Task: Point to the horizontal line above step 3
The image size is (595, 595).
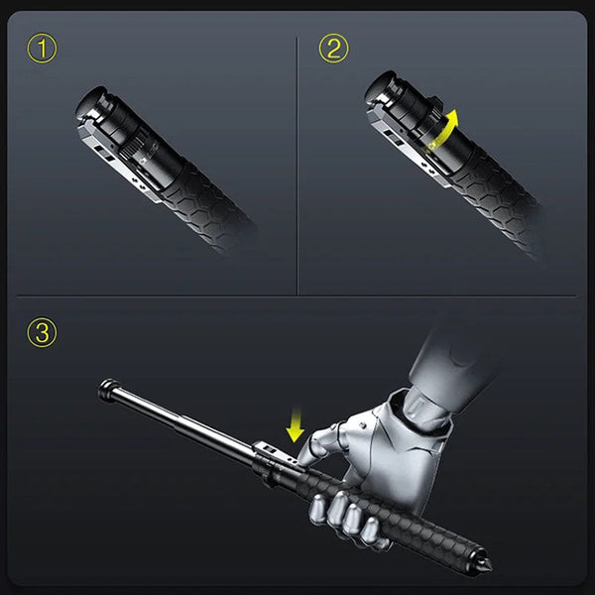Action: [x=297, y=295]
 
